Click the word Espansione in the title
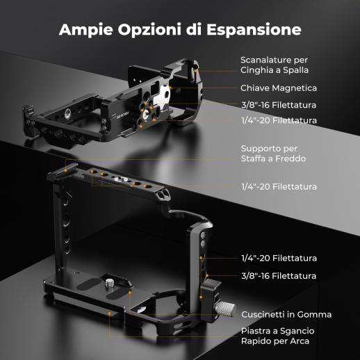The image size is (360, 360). pos(254,30)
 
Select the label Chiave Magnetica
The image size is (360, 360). pos(279,88)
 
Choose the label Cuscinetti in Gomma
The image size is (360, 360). pos(286,314)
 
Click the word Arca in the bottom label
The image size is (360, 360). pos(300,341)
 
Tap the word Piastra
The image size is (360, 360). pos(255,331)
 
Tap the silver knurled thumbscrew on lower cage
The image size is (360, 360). pos(224,309)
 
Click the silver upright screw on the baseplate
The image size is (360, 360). pos(109,284)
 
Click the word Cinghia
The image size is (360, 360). pos(254,70)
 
